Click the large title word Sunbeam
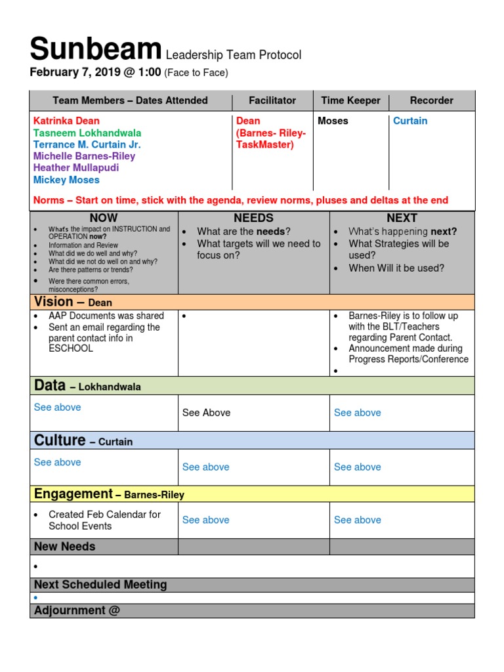coord(96,50)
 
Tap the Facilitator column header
coord(272,100)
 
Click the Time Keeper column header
coord(350,100)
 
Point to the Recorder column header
coord(431,100)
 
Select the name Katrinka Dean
coord(66,121)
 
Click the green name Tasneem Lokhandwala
coord(86,133)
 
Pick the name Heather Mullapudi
coord(76,168)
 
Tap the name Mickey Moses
coord(66,180)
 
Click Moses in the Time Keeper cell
coord(333,121)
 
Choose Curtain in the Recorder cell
coord(409,121)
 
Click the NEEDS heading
coord(253,218)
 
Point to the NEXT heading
coord(402,218)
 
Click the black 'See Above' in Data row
coord(206,413)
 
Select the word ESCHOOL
coord(71,348)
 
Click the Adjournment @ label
coord(77,610)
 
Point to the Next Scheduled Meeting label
coord(100,585)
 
